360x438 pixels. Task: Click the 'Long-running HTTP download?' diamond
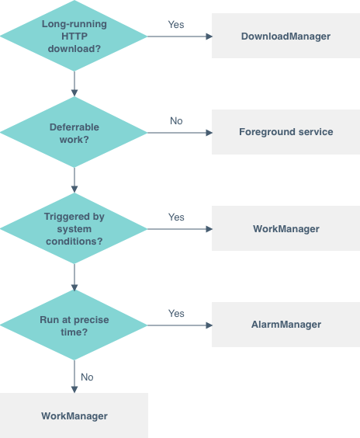click(x=74, y=36)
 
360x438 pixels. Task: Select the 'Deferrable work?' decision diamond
click(x=74, y=133)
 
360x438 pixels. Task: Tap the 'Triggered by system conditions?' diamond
click(x=74, y=229)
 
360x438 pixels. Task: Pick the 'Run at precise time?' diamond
click(x=74, y=325)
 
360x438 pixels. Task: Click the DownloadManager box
click(x=286, y=36)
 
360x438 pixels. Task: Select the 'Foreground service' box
click(x=286, y=132)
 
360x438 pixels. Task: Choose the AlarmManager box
click(x=286, y=324)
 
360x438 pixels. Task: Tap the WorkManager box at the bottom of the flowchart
click(x=74, y=415)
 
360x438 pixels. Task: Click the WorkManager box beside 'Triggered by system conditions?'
click(x=286, y=228)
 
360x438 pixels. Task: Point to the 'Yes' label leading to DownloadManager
click(x=176, y=25)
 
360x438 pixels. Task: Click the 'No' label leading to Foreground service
click(x=176, y=121)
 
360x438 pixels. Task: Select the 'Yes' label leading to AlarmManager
click(x=176, y=314)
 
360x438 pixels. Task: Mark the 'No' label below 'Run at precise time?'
click(x=87, y=377)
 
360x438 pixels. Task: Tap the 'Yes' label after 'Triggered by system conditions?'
click(x=176, y=217)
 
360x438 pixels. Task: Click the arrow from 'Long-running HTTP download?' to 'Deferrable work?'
click(x=74, y=83)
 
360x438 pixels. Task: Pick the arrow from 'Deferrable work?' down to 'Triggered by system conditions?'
click(x=74, y=179)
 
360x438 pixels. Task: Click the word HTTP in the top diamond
click(x=74, y=36)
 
